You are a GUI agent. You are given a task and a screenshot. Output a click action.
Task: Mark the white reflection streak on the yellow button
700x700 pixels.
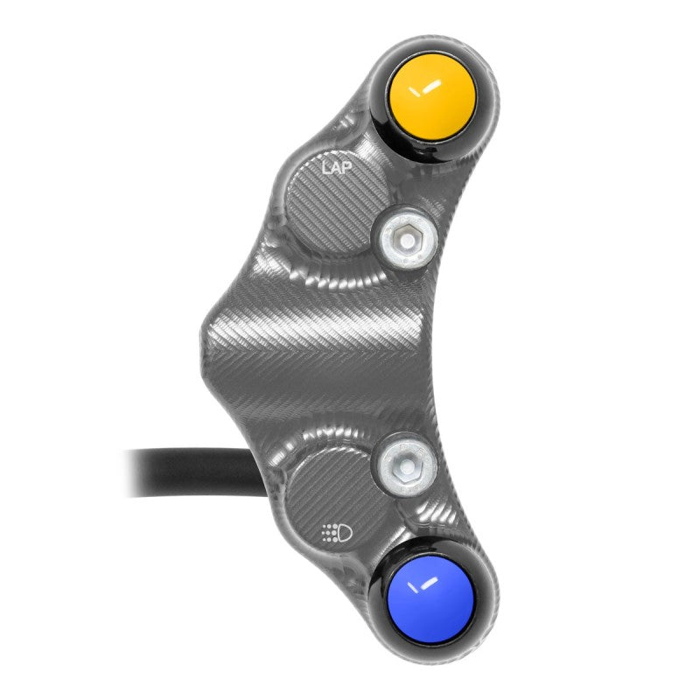click(x=428, y=87)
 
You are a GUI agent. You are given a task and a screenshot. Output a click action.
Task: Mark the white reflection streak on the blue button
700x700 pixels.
click(x=428, y=585)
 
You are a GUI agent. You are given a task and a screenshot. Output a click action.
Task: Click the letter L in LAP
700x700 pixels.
click(x=324, y=166)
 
